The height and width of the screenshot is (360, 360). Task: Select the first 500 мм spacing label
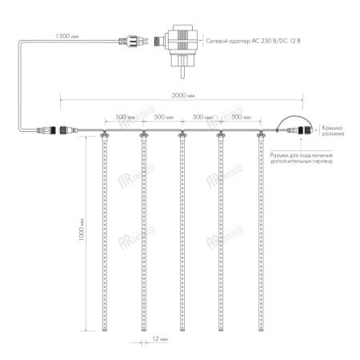[124, 116]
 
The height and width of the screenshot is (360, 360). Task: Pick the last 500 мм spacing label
[242, 116]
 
